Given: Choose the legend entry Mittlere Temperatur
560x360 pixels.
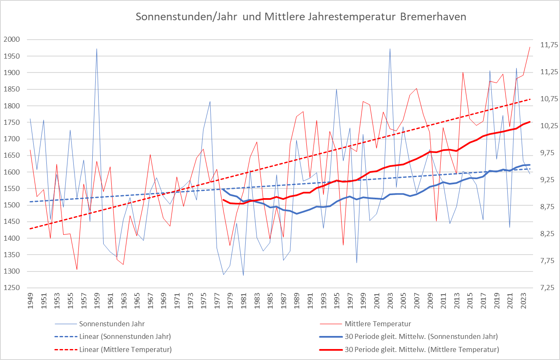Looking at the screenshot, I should (378, 324).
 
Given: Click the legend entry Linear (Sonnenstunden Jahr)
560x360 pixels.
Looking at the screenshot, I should (124, 337).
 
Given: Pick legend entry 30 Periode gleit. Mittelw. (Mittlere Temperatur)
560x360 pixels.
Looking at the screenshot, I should (422, 349).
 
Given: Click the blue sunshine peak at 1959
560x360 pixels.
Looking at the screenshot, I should (96, 48).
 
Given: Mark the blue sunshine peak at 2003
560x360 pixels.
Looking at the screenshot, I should (390, 48).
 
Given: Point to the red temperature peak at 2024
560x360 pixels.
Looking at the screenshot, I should (530, 47).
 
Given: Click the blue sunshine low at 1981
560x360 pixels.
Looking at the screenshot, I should (243, 275).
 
